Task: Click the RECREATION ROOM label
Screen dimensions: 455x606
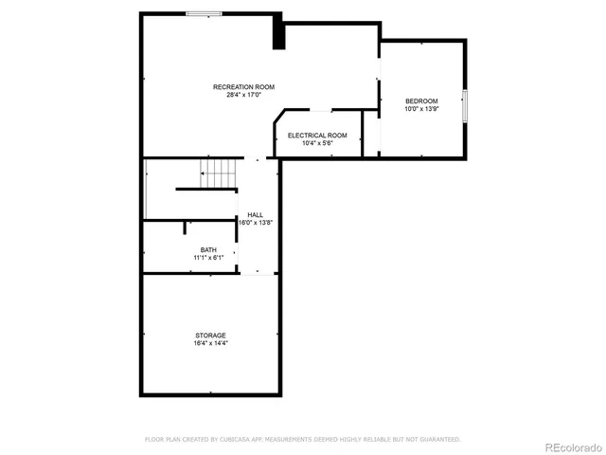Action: (243, 87)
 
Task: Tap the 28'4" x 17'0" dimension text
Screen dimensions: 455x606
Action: (243, 95)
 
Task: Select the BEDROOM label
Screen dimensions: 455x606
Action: (421, 101)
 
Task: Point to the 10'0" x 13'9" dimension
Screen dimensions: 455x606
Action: (421, 109)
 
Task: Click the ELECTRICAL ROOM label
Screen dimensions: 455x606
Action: (317, 136)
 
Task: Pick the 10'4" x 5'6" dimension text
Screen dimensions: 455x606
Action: (317, 143)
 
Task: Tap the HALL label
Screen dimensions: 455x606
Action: (256, 215)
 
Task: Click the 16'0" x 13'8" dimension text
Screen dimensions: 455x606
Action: (256, 223)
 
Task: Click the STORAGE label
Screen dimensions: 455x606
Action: (210, 336)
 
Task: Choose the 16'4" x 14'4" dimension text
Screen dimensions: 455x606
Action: (210, 343)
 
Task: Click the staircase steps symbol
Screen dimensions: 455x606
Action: (219, 173)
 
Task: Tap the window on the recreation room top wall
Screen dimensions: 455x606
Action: (204, 13)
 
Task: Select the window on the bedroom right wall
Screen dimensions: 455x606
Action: (465, 104)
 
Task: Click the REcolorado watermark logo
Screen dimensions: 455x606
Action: (564, 446)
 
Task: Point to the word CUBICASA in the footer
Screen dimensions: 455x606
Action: (241, 440)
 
